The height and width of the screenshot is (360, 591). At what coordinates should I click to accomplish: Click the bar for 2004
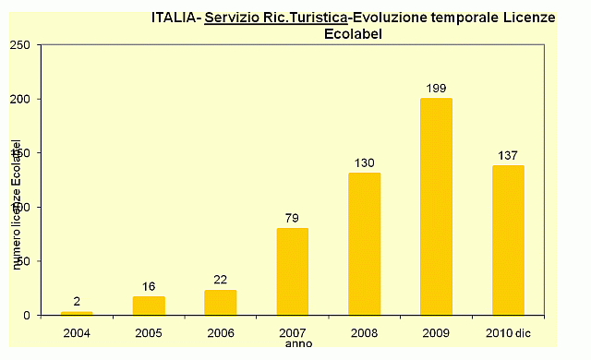pyautogui.click(x=77, y=314)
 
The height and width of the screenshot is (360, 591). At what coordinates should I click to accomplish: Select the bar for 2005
pyautogui.click(x=149, y=306)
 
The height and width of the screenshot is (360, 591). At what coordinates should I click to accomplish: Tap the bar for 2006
pyautogui.click(x=221, y=303)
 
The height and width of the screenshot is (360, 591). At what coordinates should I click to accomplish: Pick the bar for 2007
pyautogui.click(x=293, y=272)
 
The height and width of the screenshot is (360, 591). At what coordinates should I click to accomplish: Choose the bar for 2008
pyautogui.click(x=364, y=245)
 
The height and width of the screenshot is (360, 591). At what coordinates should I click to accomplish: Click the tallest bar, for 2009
pyautogui.click(x=436, y=207)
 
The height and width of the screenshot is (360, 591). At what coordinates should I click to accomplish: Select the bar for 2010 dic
pyautogui.click(x=508, y=240)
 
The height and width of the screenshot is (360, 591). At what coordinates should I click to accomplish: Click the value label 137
pyautogui.click(x=508, y=156)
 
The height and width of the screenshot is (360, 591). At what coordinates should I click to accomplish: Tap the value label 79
pyautogui.click(x=293, y=219)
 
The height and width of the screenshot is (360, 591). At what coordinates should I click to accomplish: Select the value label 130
pyautogui.click(x=364, y=163)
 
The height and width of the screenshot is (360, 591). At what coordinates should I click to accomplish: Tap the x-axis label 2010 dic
pyautogui.click(x=509, y=330)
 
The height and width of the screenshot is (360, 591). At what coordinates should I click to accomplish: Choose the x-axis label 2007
pyautogui.click(x=293, y=330)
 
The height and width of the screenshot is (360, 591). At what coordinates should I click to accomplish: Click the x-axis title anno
pyautogui.click(x=298, y=343)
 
